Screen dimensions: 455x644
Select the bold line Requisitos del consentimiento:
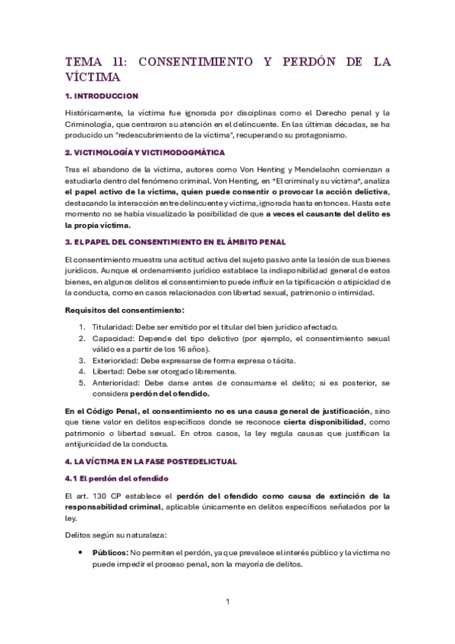tap(114, 310)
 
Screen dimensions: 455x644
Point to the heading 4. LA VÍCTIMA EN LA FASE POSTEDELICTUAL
tap(152, 460)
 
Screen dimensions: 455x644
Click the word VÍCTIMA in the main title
tap(93, 77)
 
